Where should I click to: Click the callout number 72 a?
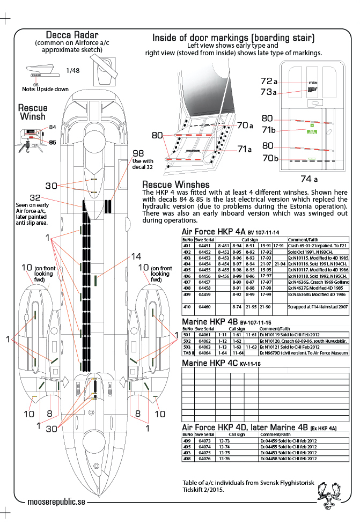click(x=268, y=82)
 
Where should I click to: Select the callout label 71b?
click(x=269, y=130)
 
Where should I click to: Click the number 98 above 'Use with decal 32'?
click(x=138, y=153)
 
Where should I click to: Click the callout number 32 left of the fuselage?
click(x=35, y=197)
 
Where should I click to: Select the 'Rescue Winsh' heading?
click(x=33, y=112)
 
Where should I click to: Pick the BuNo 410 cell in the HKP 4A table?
click(x=187, y=307)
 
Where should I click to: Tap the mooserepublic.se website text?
click(x=56, y=501)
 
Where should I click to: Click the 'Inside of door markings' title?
click(x=233, y=38)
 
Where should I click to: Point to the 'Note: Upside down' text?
click(x=46, y=89)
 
